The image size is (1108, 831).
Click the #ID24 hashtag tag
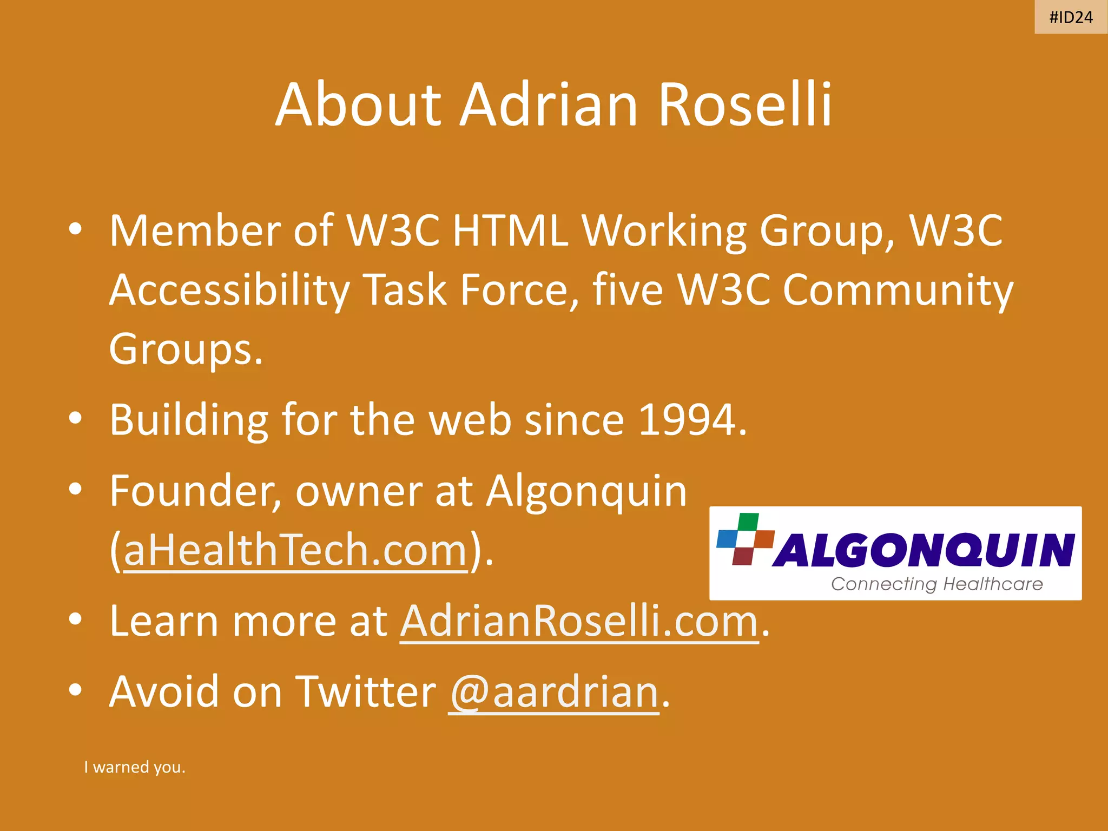pyautogui.click(x=1071, y=17)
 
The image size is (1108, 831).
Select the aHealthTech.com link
pyautogui.click(x=295, y=551)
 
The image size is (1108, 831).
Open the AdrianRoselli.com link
pyautogui.click(x=579, y=622)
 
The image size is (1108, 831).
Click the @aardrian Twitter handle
pyautogui.click(x=553, y=692)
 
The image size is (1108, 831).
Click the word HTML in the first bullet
pyautogui.click(x=510, y=231)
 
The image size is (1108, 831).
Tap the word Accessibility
pyautogui.click(x=229, y=291)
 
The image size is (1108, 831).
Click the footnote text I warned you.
pyautogui.click(x=135, y=767)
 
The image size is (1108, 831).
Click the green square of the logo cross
pyautogui.click(x=748, y=522)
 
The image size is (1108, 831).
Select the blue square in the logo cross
pyautogui.click(x=727, y=539)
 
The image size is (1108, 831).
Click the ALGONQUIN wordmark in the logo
pyautogui.click(x=924, y=550)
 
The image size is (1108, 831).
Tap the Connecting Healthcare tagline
pyautogui.click(x=936, y=584)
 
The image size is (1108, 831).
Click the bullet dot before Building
pyautogui.click(x=75, y=418)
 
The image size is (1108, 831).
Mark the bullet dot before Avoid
pyautogui.click(x=75, y=690)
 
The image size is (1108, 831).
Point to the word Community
pyautogui.click(x=898, y=291)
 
